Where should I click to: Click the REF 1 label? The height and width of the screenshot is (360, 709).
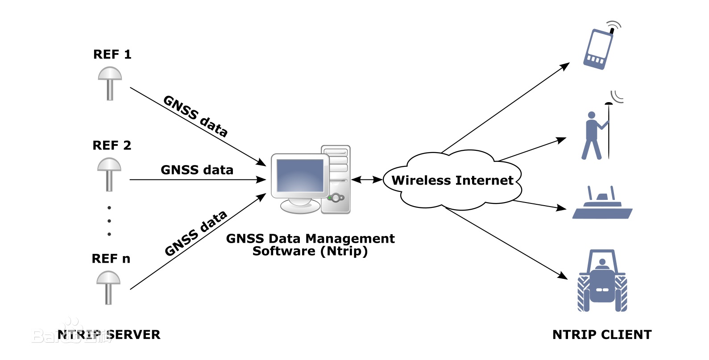tap(112, 54)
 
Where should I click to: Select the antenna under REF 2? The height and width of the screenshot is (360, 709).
tap(109, 174)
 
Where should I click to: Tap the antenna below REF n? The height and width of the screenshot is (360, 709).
tap(108, 287)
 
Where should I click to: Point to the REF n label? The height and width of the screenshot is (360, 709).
tap(111, 259)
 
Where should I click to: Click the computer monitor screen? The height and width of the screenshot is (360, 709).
tap(300, 175)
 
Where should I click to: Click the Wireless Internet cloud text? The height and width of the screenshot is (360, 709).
tap(452, 180)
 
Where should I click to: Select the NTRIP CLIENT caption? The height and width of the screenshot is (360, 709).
tap(602, 335)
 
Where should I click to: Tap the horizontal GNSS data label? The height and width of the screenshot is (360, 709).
tap(197, 170)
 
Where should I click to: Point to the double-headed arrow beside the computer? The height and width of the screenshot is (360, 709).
tap(367, 180)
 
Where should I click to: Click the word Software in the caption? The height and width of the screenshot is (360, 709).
tap(284, 251)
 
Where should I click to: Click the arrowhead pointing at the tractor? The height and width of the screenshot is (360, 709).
tap(563, 276)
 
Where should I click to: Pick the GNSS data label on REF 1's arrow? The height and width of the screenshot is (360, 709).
tap(195, 116)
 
